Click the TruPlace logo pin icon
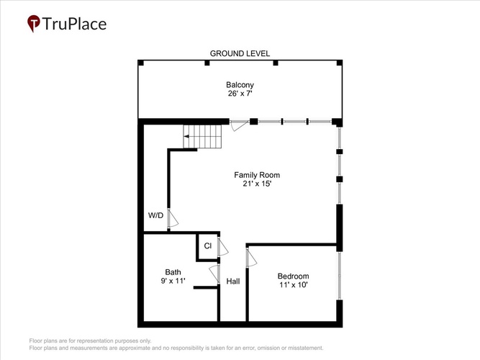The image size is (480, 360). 34,23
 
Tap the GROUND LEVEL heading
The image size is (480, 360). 240,53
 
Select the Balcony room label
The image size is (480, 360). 240,85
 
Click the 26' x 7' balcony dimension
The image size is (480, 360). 240,94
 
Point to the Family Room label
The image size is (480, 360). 257,175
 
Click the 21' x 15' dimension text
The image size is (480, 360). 257,184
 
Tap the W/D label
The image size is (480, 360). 155,215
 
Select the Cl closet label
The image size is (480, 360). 207,246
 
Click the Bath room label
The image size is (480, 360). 173,272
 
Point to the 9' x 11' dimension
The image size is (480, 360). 173,281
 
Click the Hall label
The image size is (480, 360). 233,282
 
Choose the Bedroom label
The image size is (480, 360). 294,276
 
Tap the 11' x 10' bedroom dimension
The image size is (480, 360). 294,284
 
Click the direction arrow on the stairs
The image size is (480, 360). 186,136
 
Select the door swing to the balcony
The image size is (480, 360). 239,125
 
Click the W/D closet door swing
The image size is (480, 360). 173,218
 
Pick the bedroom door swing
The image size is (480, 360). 252,258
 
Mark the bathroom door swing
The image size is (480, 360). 214,274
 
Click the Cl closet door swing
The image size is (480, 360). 223,247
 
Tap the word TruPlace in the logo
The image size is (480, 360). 74,24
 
